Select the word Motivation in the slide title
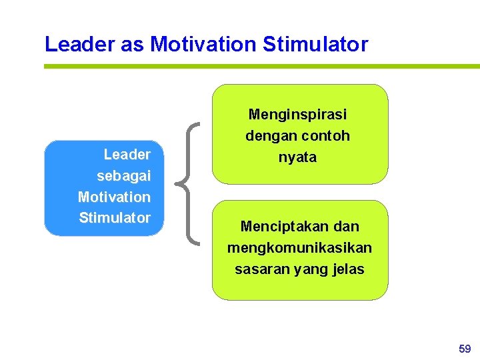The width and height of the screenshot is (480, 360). click(203, 45)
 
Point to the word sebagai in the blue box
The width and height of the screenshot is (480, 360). click(124, 176)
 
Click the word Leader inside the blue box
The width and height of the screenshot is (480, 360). click(127, 155)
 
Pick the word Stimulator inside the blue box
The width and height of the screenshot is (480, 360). click(115, 218)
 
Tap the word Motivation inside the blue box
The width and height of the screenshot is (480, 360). click(114, 197)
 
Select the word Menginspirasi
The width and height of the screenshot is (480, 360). click(297, 115)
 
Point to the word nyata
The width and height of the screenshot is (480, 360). click(297, 158)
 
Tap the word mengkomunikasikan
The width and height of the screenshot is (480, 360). click(299, 248)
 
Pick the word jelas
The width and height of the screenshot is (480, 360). click(347, 269)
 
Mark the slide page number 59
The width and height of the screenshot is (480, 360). click(465, 348)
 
